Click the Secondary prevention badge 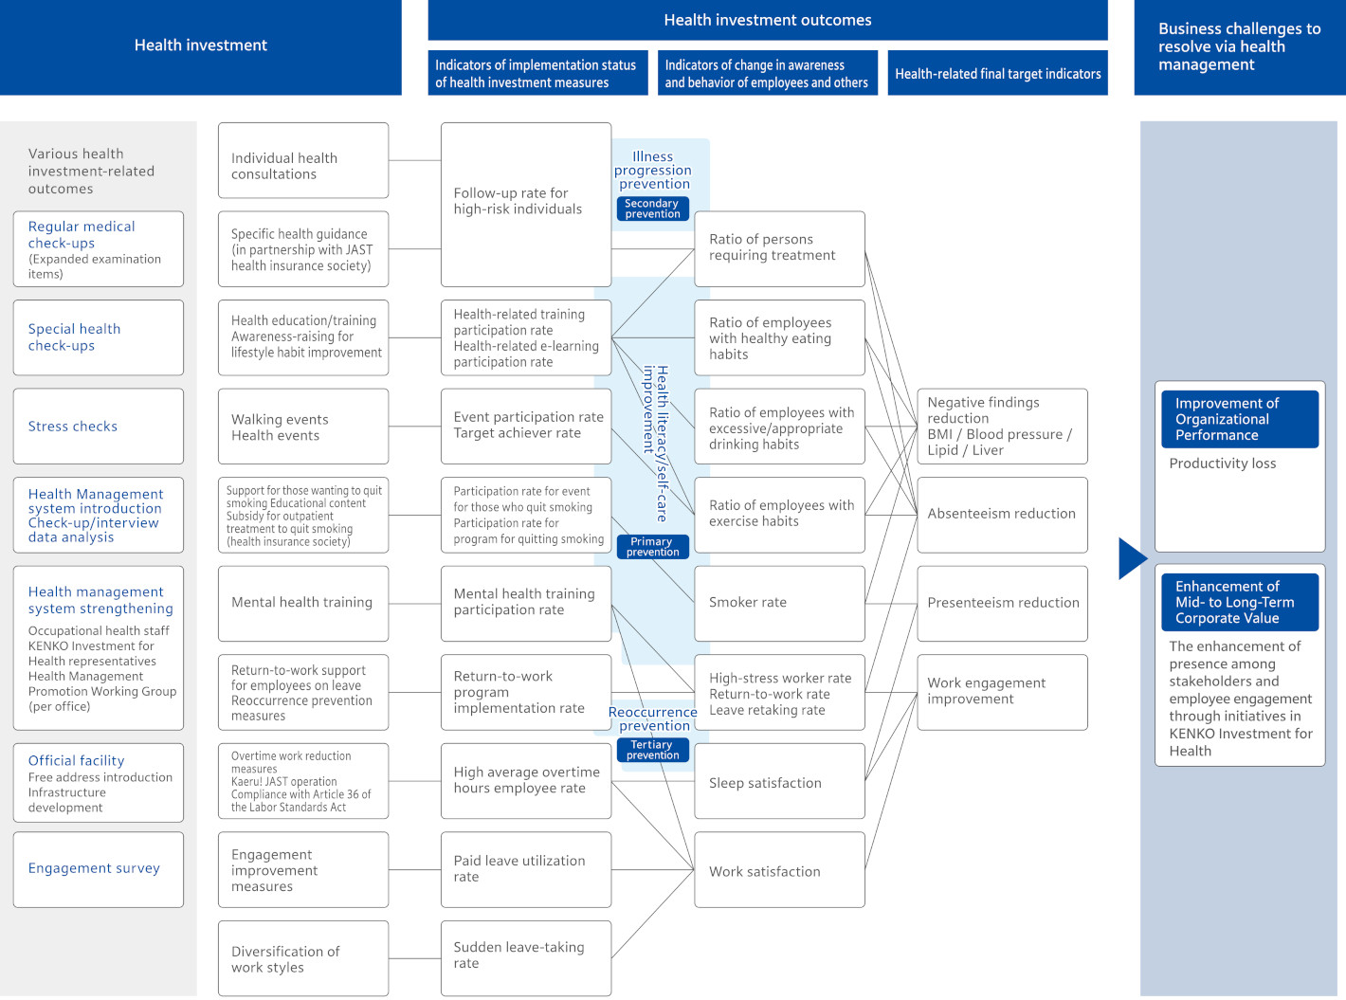pos(652,209)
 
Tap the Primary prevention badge pos(652,546)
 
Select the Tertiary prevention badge pos(652,750)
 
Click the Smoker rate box pos(779,603)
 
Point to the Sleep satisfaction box pos(779,781)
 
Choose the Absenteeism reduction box pos(1002,515)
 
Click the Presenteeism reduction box pos(1002,603)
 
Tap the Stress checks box pos(99,426)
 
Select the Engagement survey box pos(99,869)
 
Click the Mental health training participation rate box pos(525,603)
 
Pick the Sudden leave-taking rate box pos(525,957)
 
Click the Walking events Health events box pos(302,426)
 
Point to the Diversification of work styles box pos(302,957)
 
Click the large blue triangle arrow pos(1130,558)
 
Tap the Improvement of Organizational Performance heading pos(1239,419)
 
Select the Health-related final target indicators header pos(997,73)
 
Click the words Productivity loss pos(1222,463)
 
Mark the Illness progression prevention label pos(653,170)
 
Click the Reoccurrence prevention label pos(653,718)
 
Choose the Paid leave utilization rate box pos(525,869)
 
